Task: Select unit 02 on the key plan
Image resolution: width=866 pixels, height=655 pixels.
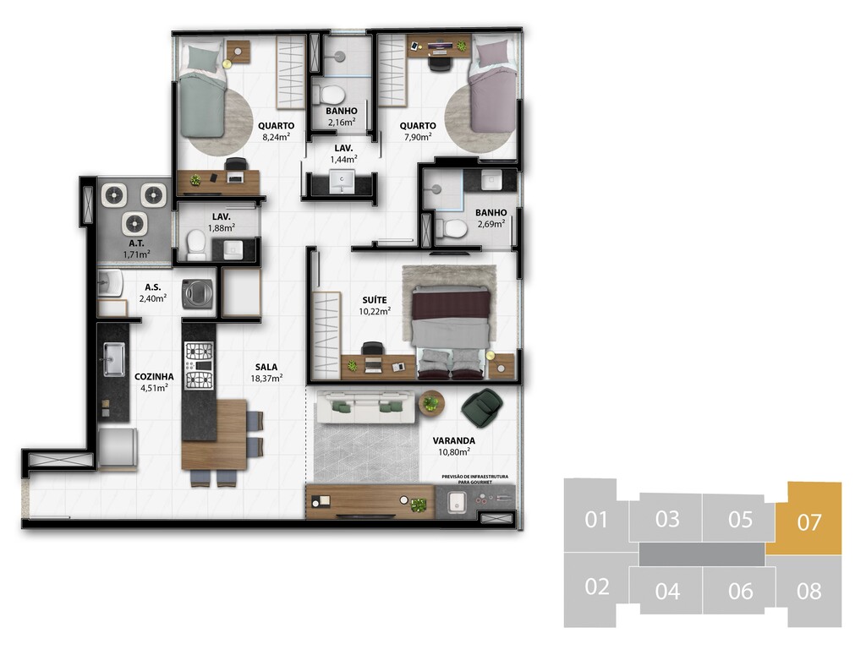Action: (x=596, y=587)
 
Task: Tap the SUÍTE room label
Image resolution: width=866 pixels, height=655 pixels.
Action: (x=375, y=300)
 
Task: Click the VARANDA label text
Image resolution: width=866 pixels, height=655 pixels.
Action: (x=454, y=440)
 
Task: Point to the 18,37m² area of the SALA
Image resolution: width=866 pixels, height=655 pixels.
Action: (x=266, y=378)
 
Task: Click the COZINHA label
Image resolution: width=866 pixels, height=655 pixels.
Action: (x=154, y=376)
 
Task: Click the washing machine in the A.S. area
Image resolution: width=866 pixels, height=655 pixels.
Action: (x=198, y=293)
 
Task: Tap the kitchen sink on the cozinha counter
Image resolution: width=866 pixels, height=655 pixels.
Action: (x=114, y=359)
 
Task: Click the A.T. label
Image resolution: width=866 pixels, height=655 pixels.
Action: (x=136, y=243)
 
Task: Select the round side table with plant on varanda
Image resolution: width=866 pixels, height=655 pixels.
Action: (x=430, y=403)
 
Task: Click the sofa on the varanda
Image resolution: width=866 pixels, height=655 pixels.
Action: (x=364, y=407)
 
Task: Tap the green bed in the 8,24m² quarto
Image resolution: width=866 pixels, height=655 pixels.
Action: (x=203, y=90)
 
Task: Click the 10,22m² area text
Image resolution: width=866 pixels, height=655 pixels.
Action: (x=375, y=311)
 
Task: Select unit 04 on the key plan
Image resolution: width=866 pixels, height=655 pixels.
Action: (x=667, y=591)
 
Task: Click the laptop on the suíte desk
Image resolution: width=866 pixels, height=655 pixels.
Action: (x=373, y=364)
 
